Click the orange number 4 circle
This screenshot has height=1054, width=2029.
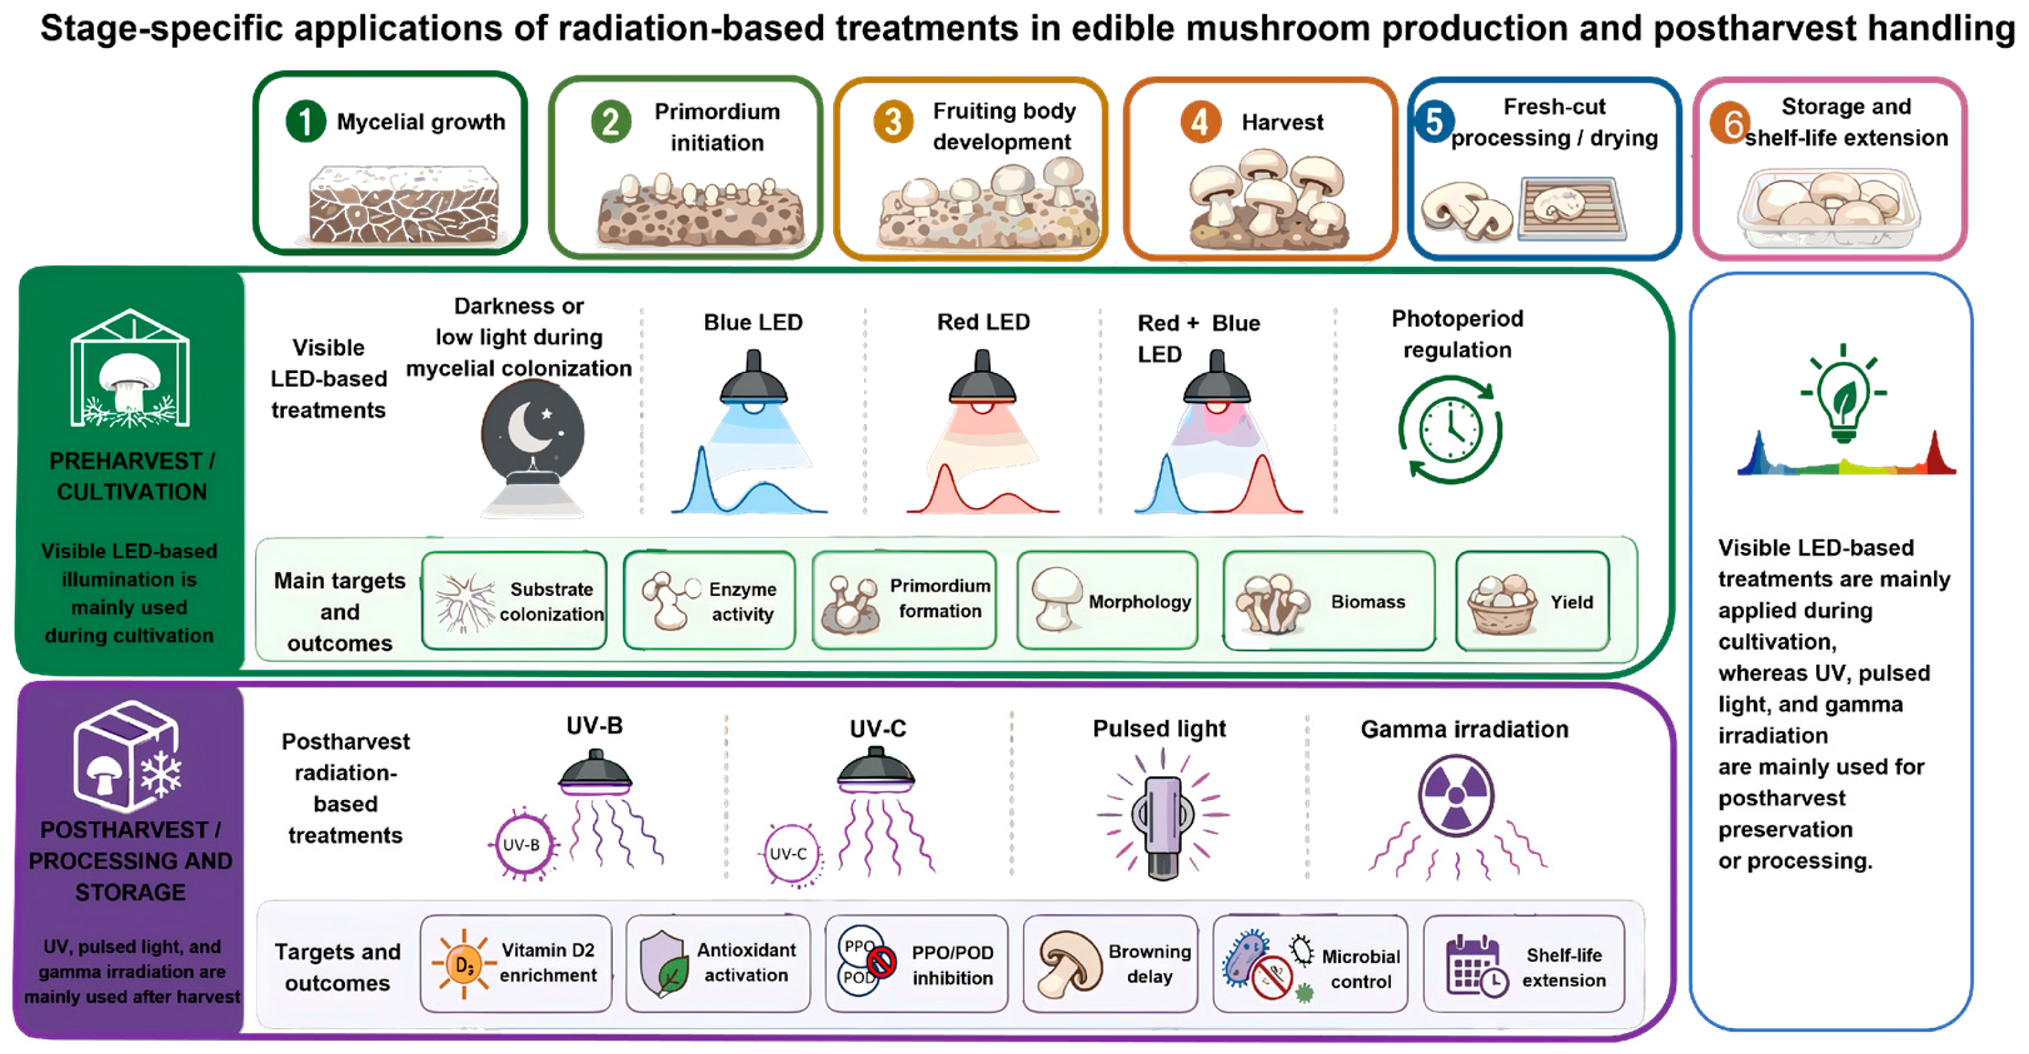click(x=1199, y=122)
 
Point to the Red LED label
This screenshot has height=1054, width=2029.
click(x=983, y=323)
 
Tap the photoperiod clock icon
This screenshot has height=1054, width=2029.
click(x=1450, y=430)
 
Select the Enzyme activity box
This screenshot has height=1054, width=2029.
click(x=709, y=601)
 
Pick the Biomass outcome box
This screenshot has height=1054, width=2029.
click(x=1329, y=601)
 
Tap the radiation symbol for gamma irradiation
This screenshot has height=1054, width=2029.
click(x=1455, y=795)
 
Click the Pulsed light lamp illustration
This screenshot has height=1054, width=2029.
click(x=1162, y=819)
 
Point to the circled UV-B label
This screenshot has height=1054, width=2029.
click(x=521, y=845)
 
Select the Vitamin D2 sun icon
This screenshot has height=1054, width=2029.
click(x=464, y=964)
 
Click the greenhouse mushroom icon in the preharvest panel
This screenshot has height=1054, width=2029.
click(x=130, y=368)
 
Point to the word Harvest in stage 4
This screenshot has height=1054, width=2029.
click(x=1282, y=123)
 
